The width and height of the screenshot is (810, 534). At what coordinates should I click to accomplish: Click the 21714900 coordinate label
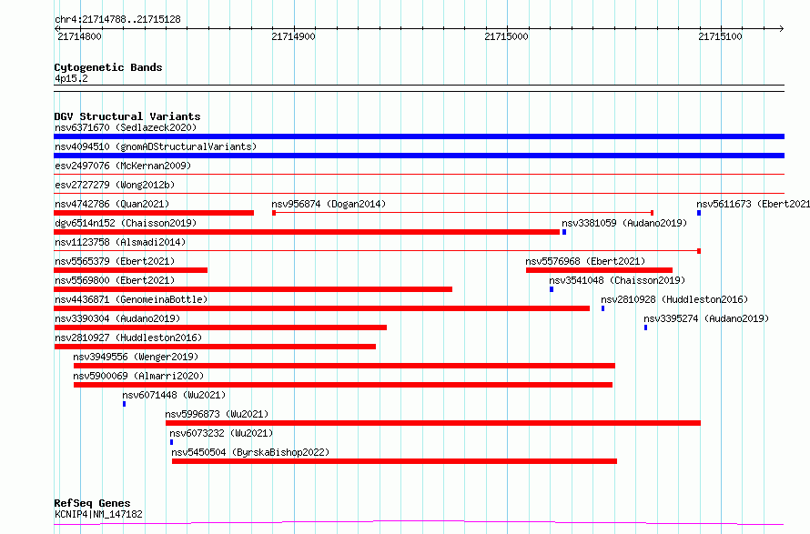[293, 36]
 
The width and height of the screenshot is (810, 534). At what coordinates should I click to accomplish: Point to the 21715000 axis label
[506, 36]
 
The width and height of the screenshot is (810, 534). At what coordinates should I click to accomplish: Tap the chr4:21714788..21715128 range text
[117, 20]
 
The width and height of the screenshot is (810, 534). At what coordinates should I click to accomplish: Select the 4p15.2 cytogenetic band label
[71, 79]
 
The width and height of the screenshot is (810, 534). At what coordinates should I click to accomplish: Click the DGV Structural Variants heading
[127, 116]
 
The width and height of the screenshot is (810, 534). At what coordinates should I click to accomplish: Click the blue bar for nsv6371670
[419, 136]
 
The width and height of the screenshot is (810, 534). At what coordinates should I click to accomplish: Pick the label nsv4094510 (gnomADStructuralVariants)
[156, 146]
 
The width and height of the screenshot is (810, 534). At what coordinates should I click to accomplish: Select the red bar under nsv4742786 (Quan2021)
[154, 213]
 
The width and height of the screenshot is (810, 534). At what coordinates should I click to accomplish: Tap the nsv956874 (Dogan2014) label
[329, 204]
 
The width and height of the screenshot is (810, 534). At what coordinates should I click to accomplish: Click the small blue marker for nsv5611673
[699, 213]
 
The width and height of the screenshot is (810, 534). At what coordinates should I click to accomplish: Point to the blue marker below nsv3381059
[564, 232]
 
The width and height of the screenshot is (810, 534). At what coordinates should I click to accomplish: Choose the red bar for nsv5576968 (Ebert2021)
[599, 270]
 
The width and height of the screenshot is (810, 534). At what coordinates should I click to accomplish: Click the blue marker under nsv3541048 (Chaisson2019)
[552, 289]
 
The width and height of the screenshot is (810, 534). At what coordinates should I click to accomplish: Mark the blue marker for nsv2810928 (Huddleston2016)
[602, 308]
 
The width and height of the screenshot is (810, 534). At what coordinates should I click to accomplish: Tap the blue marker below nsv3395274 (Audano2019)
[646, 327]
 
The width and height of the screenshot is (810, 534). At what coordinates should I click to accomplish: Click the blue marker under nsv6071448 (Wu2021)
[124, 404]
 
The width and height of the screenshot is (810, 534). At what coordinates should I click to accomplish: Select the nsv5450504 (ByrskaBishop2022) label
[250, 452]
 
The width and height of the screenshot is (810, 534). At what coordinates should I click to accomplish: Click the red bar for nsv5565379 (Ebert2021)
[131, 270]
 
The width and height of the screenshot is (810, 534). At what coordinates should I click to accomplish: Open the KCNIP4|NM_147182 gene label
[98, 514]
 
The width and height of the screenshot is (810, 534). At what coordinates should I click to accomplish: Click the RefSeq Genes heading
[92, 503]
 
